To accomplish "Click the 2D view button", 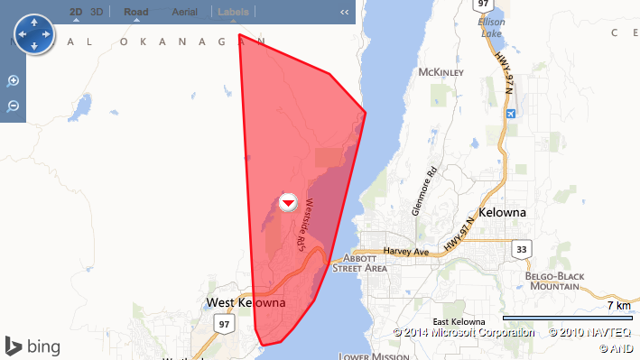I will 77,12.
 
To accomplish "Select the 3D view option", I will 97,12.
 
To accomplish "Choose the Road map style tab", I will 136,12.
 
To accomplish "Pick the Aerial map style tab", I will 184,12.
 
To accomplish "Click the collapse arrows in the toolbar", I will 344,13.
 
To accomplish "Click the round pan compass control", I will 34,34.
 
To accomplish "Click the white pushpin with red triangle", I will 288,202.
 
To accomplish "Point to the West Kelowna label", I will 246,302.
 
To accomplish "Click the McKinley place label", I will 441,72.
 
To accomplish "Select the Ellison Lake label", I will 492,27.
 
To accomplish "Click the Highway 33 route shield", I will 521,248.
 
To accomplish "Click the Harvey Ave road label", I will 405,251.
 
